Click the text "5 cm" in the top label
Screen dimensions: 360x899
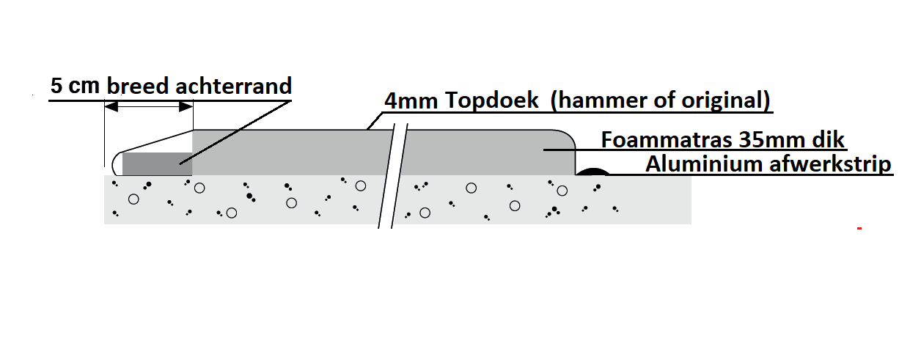76,86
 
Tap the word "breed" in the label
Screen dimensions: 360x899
139,86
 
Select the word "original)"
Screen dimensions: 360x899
726,101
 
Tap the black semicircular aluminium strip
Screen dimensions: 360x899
593,172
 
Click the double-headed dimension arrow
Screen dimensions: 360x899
148,107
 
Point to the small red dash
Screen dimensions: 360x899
858,229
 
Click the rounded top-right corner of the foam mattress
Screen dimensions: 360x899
567,137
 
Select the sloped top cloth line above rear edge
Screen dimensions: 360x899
154,141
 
